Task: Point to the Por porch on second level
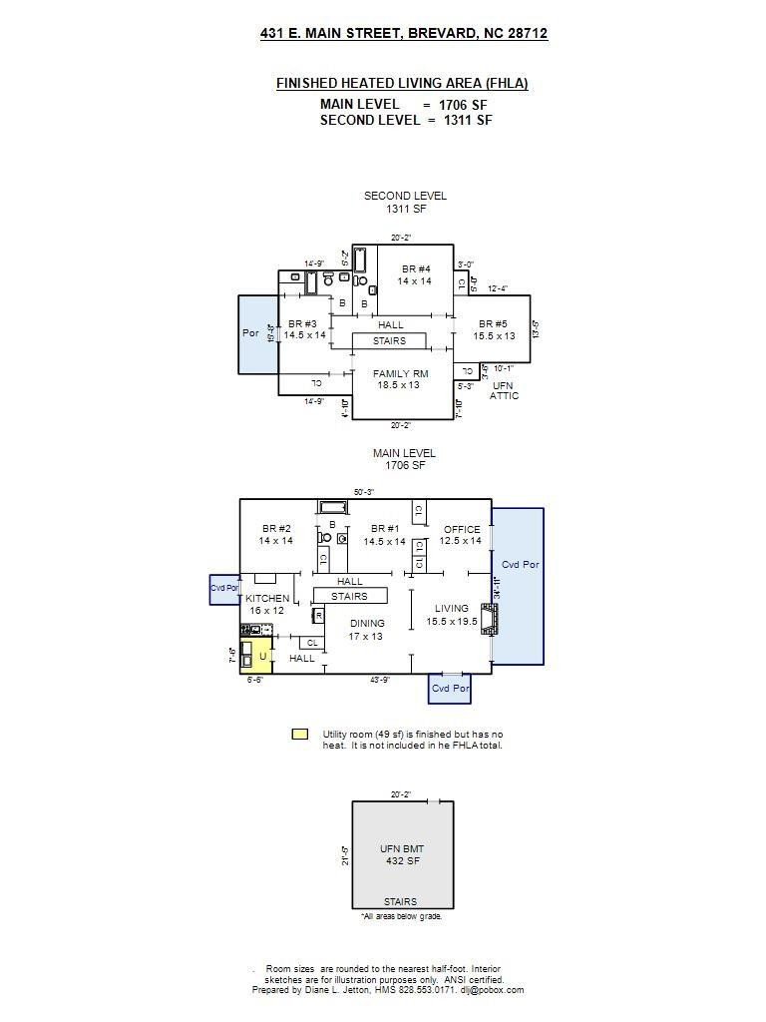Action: [x=251, y=333]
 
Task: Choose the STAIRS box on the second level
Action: [x=389, y=341]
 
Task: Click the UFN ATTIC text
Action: [x=504, y=390]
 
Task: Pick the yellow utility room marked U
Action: [x=262, y=656]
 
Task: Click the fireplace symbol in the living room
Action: [x=488, y=619]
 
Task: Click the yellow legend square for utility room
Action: [x=299, y=735]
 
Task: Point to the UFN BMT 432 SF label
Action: [x=401, y=854]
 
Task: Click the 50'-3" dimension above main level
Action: [x=365, y=492]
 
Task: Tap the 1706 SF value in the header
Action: [x=463, y=105]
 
